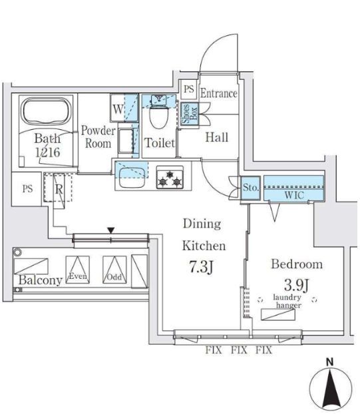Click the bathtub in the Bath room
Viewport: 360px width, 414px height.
[47, 111]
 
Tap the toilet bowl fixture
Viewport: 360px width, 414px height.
[158, 116]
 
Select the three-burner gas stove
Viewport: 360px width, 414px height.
[170, 177]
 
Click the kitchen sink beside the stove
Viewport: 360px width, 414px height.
[132, 178]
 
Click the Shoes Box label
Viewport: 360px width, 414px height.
[190, 114]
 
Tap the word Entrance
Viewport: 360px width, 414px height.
[218, 93]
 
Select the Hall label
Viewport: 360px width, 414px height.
[217, 137]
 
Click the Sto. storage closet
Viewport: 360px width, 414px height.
[250, 188]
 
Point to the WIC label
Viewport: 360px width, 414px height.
[294, 196]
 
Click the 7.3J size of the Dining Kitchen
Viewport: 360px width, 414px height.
[201, 267]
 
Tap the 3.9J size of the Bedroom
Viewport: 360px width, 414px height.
[297, 285]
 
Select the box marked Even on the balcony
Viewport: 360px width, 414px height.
[78, 270]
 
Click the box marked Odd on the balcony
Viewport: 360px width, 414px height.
[114, 270]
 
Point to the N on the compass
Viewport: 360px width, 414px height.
[329, 362]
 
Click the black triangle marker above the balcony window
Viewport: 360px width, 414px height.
[111, 230]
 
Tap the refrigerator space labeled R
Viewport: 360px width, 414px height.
[59, 188]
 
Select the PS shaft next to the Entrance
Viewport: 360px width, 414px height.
[189, 89]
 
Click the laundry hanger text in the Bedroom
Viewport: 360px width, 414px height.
[287, 302]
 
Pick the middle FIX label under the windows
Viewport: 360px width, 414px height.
[239, 350]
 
